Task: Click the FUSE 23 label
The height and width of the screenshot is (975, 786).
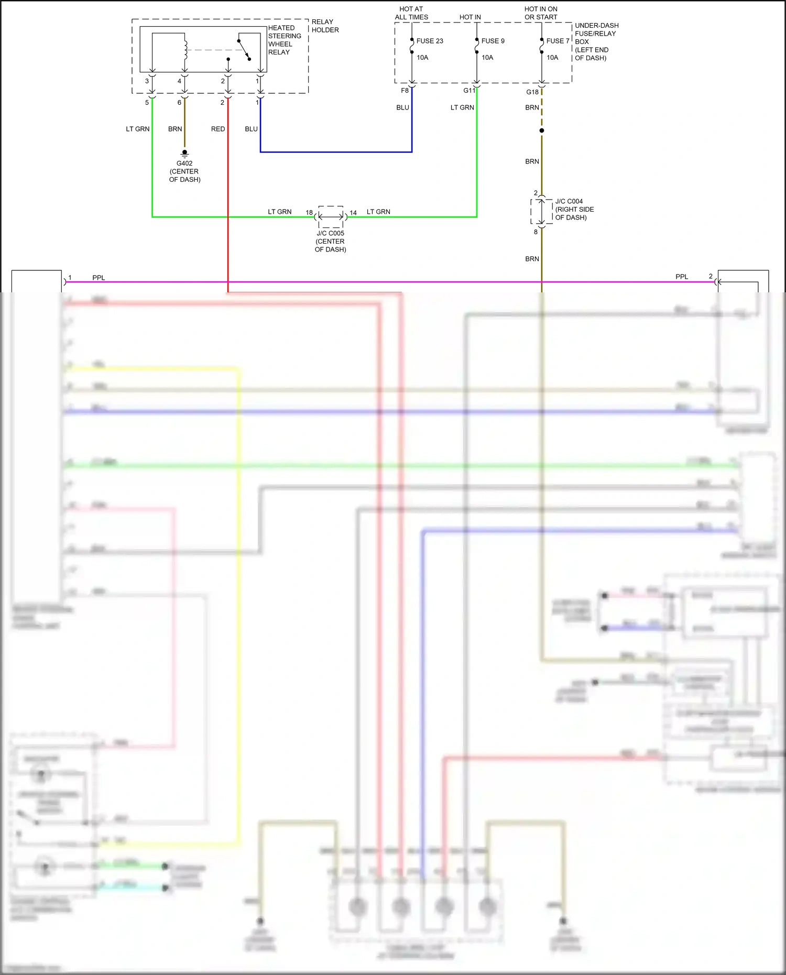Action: pyautogui.click(x=430, y=41)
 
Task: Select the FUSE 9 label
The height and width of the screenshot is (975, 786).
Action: pyautogui.click(x=493, y=41)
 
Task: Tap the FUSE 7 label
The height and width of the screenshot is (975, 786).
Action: pyautogui.click(x=558, y=41)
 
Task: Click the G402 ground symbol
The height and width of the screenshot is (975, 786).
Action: pyautogui.click(x=184, y=153)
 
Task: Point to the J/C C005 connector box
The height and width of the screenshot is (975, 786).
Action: pyautogui.click(x=331, y=216)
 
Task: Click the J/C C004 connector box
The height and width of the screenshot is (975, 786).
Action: pyautogui.click(x=542, y=212)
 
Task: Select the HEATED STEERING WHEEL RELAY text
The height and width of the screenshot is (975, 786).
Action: pyautogui.click(x=285, y=40)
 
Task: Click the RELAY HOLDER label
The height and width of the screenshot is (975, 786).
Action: pyautogui.click(x=325, y=26)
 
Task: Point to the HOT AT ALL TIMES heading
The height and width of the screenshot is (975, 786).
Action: pyautogui.click(x=411, y=13)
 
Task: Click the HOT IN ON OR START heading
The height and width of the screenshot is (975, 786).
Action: pyautogui.click(x=541, y=13)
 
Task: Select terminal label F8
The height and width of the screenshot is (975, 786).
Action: pyautogui.click(x=405, y=91)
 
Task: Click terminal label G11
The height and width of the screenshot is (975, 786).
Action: pyautogui.click(x=469, y=91)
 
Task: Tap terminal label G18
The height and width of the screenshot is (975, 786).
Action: pyautogui.click(x=532, y=92)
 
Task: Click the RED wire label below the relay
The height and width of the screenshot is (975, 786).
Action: pyautogui.click(x=218, y=129)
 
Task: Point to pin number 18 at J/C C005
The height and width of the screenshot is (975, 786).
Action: pyautogui.click(x=309, y=213)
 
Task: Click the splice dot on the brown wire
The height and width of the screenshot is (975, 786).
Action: pyautogui.click(x=542, y=130)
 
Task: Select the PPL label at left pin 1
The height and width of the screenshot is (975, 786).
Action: pyautogui.click(x=99, y=278)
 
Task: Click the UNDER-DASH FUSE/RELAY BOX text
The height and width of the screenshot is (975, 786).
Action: pyautogui.click(x=596, y=41)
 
